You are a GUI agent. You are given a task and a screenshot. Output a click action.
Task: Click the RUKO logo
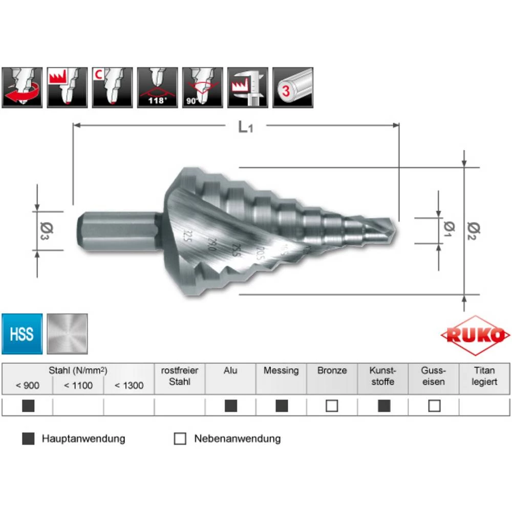(x=475, y=335)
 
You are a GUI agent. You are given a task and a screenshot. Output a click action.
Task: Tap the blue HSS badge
(x=22, y=334)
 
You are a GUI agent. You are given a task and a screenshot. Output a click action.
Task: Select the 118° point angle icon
(x=157, y=87)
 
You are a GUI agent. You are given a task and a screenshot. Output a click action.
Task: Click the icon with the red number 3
(x=292, y=87)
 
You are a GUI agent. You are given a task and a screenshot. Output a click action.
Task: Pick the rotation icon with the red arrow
(x=22, y=87)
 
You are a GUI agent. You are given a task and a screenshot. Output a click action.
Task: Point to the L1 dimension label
(x=245, y=127)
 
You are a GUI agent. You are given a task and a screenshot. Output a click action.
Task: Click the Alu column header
(x=230, y=370)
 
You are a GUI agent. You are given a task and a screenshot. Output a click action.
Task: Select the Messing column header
(x=281, y=370)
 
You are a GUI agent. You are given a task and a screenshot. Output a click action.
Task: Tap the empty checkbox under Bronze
(x=332, y=406)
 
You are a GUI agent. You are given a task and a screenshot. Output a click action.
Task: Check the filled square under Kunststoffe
(x=383, y=406)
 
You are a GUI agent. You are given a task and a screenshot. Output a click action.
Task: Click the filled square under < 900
(x=28, y=406)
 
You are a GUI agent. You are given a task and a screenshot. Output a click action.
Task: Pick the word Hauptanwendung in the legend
(x=83, y=439)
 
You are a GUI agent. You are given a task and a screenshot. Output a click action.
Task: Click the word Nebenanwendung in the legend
(x=237, y=439)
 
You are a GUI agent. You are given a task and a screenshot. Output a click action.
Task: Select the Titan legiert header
(x=484, y=376)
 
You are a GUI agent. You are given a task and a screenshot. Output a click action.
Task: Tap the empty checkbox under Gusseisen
(x=434, y=406)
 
